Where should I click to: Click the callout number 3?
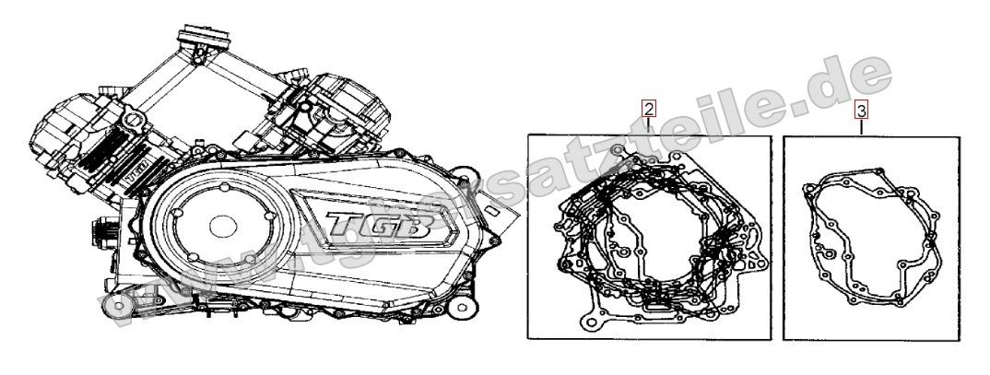tap(862, 111)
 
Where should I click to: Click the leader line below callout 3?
tap(862, 128)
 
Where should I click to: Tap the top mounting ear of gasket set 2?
tap(616, 147)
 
